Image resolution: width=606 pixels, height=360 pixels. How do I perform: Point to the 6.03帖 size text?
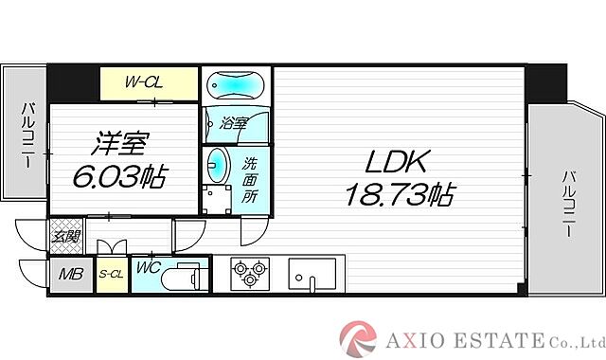pos(114,175)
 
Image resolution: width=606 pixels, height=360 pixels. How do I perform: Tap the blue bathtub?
pos(236,85)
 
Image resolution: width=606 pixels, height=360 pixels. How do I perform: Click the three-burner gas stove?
pos(248,273)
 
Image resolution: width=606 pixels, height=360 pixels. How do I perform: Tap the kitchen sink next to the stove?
pos(308,274)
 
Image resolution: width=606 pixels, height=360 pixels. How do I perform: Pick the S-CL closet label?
pos(111,276)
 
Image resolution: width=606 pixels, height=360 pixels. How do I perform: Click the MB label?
pos(71,276)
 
